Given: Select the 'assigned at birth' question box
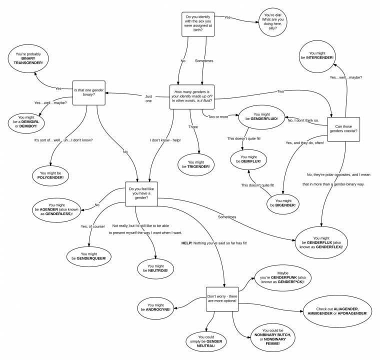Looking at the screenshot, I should [x=198, y=24].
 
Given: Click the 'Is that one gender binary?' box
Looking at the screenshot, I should [x=88, y=93].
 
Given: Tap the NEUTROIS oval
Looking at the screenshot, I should [x=156, y=268].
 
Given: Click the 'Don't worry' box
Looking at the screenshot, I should [x=222, y=299].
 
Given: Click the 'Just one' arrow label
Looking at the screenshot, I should [x=148, y=98].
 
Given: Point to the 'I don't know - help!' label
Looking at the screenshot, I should [x=165, y=140].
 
